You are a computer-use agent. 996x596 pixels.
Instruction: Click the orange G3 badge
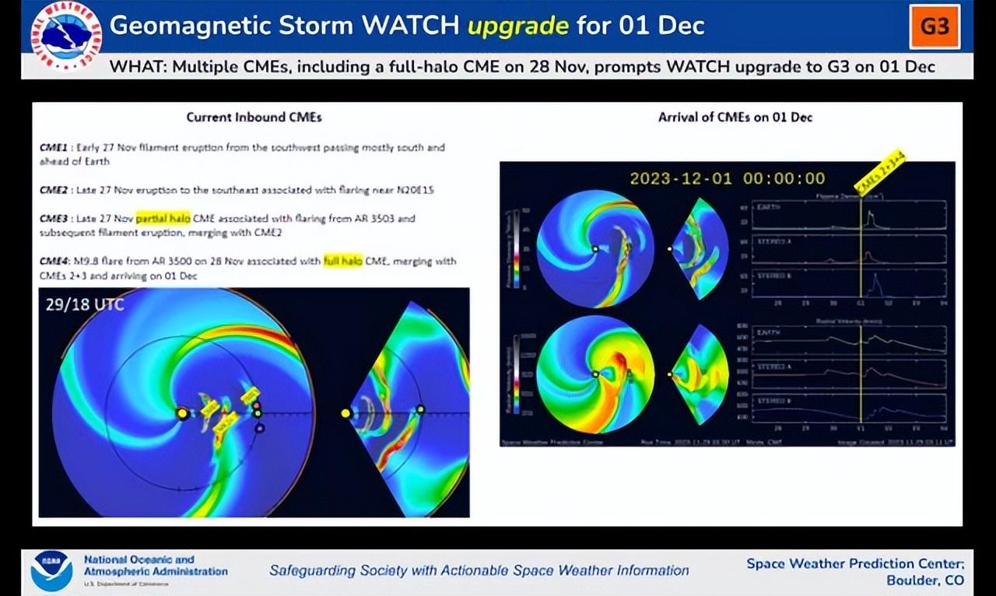[935, 26]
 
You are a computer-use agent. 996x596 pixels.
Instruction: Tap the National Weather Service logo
[65, 36]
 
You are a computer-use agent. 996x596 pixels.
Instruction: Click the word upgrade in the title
[517, 26]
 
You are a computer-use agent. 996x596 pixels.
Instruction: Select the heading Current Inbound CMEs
[254, 117]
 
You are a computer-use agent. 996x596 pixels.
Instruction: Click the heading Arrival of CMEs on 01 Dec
[735, 117]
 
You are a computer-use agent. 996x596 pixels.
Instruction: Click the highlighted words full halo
[343, 261]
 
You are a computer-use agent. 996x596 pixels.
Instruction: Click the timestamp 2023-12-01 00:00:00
[727, 178]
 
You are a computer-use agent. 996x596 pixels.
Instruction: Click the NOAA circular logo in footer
[52, 571]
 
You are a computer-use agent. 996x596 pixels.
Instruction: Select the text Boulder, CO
[924, 580]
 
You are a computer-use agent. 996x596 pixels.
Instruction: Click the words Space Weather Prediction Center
[854, 563]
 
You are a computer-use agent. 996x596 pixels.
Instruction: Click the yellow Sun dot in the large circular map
[182, 413]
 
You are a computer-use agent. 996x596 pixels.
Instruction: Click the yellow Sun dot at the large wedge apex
[345, 413]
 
